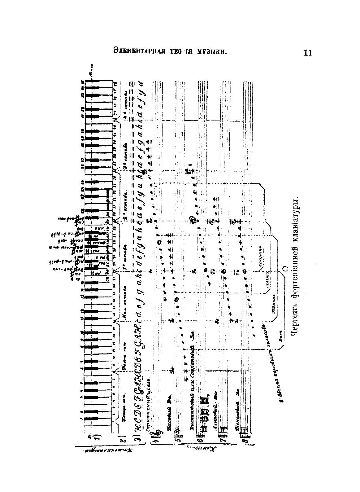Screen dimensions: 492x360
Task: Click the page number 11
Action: click(308, 53)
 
